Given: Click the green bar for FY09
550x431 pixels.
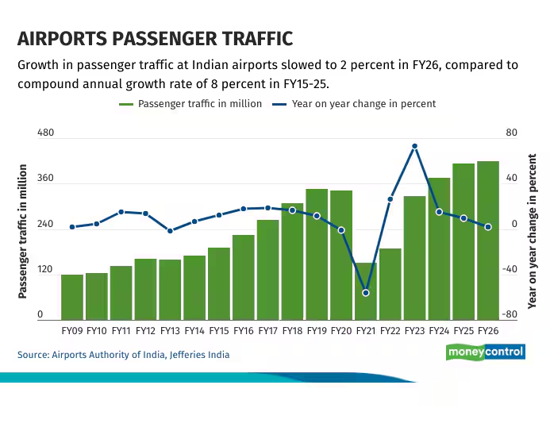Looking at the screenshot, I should tap(72, 297).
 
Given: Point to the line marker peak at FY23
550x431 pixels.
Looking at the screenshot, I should tap(414, 146).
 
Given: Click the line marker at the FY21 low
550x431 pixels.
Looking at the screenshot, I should tap(366, 293).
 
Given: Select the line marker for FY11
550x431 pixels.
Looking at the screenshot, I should tap(121, 212).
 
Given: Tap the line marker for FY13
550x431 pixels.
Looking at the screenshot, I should tap(170, 231).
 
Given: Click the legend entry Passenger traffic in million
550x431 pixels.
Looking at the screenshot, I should tap(190, 104).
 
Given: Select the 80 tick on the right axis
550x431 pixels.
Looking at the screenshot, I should tap(511, 133).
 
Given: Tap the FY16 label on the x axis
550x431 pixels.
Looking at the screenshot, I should tap(244, 330).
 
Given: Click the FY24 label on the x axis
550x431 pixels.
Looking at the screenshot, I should tap(439, 330).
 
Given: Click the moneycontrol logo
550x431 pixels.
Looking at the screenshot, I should tap(485, 352).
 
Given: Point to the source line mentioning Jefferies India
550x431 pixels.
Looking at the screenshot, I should tap(124, 355).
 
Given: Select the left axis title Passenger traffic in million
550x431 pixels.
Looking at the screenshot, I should tap(23, 231).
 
